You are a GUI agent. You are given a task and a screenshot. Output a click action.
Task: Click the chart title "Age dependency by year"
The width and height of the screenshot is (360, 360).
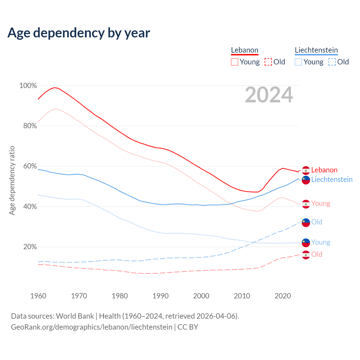[79, 33]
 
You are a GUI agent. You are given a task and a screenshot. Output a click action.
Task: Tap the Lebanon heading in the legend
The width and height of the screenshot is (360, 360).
[244, 50]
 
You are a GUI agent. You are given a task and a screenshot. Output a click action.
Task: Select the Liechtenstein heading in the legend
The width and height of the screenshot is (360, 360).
[316, 50]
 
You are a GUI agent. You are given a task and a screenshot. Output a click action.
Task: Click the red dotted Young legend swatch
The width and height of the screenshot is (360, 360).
[234, 62]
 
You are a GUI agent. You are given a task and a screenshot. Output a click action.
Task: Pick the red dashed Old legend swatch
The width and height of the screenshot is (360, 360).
[268, 62]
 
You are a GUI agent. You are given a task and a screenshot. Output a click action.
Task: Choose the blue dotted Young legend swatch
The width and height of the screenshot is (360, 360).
[298, 62]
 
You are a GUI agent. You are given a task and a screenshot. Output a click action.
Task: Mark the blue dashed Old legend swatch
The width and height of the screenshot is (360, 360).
[332, 62]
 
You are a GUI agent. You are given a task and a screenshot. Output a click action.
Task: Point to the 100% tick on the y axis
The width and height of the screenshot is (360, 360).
[28, 85]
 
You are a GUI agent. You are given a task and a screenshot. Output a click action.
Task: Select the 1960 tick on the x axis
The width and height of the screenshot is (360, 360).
[38, 296]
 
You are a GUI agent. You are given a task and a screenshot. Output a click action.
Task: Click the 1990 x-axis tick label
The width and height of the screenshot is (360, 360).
[160, 296]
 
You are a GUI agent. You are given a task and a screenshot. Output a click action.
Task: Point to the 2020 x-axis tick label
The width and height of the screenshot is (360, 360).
[282, 296]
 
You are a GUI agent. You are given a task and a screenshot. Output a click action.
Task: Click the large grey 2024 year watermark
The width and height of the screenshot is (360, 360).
[269, 95]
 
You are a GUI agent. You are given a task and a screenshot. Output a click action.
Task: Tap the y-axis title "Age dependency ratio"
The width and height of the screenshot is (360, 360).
[12, 180]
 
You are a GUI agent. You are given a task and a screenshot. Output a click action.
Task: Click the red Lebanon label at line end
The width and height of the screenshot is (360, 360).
[324, 170]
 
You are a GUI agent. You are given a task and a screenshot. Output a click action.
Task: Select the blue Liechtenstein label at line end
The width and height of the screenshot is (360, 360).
[332, 179]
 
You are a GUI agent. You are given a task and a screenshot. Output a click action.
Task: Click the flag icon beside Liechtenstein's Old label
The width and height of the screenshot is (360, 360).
[306, 222]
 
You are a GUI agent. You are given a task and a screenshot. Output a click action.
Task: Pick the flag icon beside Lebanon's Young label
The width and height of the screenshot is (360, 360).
[306, 204]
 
